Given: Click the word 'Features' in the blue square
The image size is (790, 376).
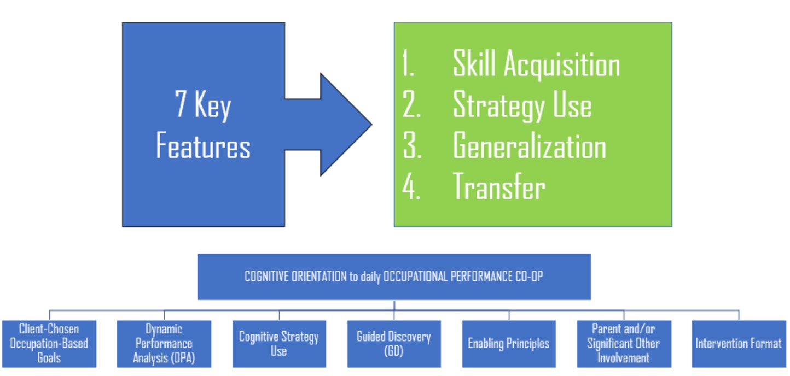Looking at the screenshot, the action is tap(203, 145).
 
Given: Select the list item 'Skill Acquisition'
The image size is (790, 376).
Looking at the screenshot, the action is tap(537, 64).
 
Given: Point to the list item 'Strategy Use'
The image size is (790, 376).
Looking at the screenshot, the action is tap(522, 105).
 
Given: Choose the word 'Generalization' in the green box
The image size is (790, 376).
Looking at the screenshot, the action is tap(530, 145).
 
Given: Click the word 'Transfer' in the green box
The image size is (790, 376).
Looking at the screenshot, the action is tap(499, 186).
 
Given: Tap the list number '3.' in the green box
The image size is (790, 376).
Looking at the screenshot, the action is tap(412, 145).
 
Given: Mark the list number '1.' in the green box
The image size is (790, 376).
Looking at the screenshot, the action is tap(408, 63).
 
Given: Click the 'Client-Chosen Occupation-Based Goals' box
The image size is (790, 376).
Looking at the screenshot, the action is tap(49, 344).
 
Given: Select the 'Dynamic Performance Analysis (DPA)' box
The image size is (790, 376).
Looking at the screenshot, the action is tap(164, 344).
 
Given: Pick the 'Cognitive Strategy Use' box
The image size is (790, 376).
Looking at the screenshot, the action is tap(279, 344).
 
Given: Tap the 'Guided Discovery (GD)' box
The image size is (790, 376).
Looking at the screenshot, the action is tap(394, 344).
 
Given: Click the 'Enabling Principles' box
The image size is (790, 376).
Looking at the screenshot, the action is tap(509, 344).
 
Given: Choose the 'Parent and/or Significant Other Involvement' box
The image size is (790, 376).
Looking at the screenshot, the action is tap(624, 344).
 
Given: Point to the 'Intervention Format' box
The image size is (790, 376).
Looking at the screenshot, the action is tap(739, 344).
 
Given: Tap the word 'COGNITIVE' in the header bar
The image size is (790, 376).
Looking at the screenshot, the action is tap(266, 277).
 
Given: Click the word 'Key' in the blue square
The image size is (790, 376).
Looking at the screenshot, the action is tap(213, 105).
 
